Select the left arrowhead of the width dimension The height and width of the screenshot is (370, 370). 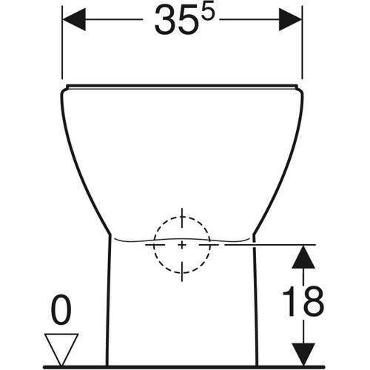[74, 19]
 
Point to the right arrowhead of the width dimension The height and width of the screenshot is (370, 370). [290, 19]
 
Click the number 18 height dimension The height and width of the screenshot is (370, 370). [303, 301]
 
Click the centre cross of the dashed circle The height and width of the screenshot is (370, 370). [182, 243]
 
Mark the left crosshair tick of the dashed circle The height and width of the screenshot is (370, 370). [153, 243]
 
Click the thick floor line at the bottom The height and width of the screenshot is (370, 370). [185, 366]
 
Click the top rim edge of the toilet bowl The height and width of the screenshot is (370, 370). [182, 87]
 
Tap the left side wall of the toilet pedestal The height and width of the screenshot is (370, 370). [108, 303]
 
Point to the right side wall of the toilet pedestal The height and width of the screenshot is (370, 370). [256, 303]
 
